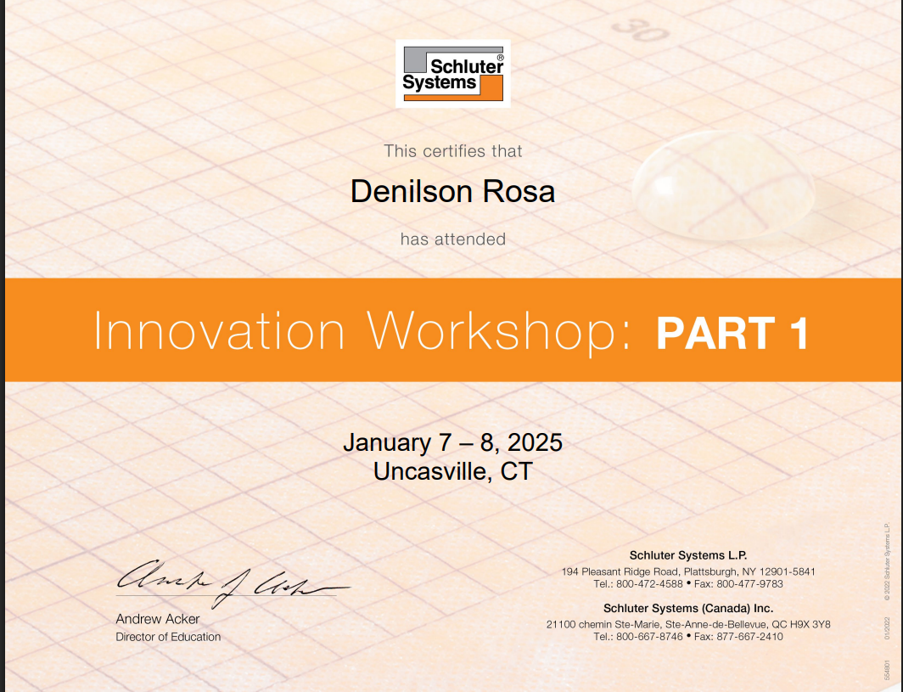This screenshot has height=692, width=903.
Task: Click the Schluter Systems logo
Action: tap(453, 74)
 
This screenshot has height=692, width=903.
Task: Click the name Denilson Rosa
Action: tap(452, 192)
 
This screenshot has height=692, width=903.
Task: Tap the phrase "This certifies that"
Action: tap(452, 151)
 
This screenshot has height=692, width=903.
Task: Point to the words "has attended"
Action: tap(452, 239)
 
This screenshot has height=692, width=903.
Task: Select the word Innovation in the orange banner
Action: tap(219, 331)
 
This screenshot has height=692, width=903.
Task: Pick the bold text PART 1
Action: tap(732, 333)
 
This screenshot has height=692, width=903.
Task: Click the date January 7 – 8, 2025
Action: tap(452, 442)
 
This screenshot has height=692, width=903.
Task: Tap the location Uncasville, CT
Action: tap(452, 470)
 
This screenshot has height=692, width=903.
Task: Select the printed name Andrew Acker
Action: tap(157, 619)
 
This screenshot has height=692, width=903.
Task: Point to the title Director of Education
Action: tap(168, 637)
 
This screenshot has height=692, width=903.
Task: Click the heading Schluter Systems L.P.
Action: tap(687, 555)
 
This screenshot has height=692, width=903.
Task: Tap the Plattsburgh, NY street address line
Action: tap(687, 571)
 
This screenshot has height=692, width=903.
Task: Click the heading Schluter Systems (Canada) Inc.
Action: tap(687, 608)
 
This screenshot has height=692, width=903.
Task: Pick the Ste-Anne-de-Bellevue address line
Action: tap(687, 624)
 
